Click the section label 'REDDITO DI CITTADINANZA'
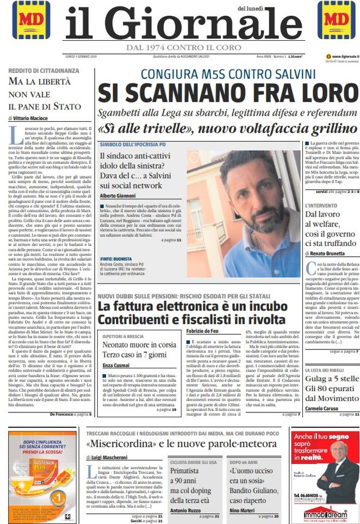(x=44, y=71)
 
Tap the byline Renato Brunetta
(x=328, y=254)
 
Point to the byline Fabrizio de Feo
(x=204, y=331)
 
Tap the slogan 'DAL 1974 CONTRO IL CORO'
(x=180, y=48)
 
